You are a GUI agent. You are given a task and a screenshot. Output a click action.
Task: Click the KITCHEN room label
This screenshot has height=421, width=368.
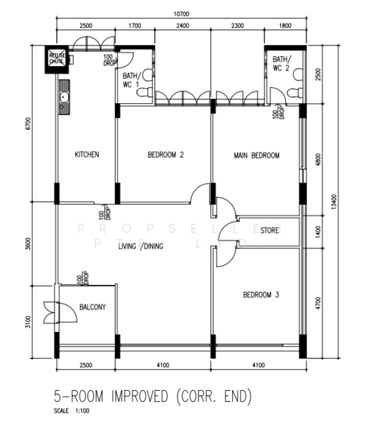[x=87, y=154]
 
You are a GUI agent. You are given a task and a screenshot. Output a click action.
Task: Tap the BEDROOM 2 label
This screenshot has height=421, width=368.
[x=165, y=155]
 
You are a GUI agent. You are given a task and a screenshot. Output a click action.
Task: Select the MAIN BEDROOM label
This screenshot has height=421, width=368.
[x=257, y=155]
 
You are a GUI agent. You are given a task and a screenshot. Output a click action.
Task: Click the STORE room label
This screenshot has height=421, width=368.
[x=270, y=230]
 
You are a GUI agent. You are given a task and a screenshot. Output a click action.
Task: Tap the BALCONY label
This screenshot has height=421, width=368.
[x=92, y=307]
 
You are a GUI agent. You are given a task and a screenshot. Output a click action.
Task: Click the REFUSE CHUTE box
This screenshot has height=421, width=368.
[x=57, y=58]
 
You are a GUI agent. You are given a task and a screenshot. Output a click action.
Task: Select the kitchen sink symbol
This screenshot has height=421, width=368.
[x=63, y=98]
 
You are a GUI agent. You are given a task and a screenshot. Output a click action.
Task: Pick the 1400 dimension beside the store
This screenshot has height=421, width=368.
[x=318, y=231]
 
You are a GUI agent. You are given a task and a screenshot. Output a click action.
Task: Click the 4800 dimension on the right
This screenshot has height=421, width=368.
[x=318, y=159]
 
